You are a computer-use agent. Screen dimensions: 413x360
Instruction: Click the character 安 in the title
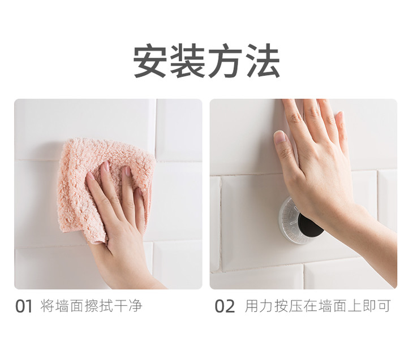point(150,61)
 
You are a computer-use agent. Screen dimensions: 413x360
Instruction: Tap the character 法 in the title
point(263,61)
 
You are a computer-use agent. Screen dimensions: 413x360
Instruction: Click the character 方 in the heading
point(226,61)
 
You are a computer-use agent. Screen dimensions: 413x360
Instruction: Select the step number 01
point(24,306)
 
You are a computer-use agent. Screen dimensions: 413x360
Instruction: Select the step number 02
point(225,306)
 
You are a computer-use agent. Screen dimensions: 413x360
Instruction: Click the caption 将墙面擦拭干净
point(92,306)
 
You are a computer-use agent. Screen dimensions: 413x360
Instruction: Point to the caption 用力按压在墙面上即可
point(317,306)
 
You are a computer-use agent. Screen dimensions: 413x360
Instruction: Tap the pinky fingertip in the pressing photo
point(340,116)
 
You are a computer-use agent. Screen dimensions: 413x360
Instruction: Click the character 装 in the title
point(188,61)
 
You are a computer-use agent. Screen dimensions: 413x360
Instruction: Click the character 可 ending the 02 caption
point(383,306)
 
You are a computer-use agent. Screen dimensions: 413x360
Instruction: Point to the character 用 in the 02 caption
point(252,306)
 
